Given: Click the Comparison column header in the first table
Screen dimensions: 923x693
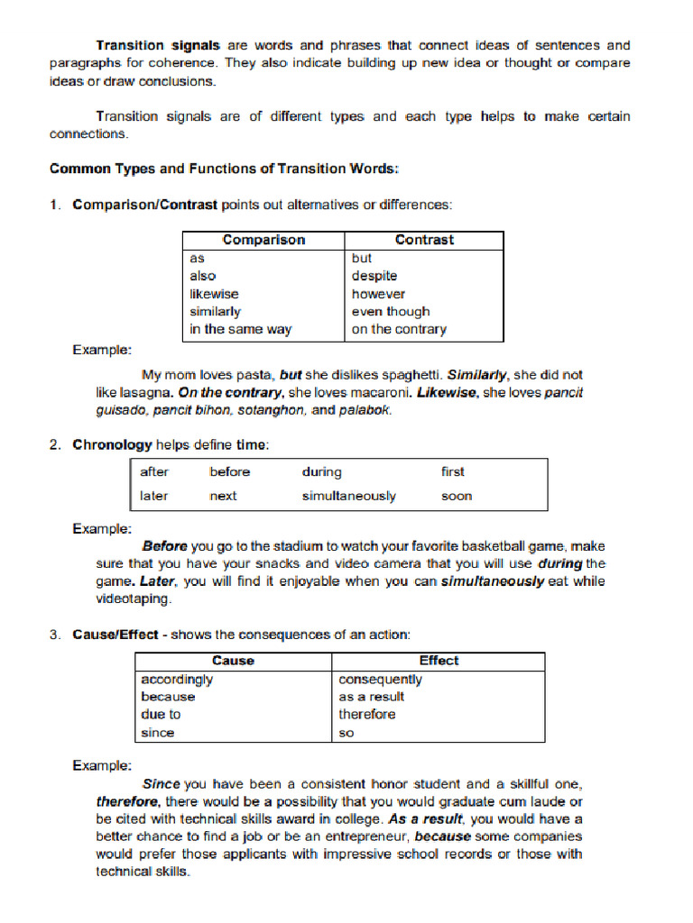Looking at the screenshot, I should coord(263,240).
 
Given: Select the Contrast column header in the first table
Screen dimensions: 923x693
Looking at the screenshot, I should coord(424,240).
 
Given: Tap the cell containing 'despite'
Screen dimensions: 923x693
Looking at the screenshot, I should coord(374,276).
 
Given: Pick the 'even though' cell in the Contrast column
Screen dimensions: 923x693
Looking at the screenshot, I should coord(391,312).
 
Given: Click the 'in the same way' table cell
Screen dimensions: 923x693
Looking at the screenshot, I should coord(240,330).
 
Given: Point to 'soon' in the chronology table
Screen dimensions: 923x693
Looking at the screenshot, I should coord(456,496).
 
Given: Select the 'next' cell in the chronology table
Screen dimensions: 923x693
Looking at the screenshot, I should coord(223,496).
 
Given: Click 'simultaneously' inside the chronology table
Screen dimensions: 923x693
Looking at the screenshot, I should coord(348,496).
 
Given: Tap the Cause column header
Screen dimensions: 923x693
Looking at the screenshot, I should coord(233,661).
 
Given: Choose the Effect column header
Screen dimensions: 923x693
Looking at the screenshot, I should coord(439,661).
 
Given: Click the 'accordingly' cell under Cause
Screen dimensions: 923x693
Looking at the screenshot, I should coord(177,679).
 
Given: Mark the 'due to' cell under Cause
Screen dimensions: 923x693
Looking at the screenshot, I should coord(161,715).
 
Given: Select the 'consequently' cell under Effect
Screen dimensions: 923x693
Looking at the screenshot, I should coord(380,679).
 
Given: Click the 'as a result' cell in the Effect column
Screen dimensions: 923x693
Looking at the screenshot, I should coord(371,697).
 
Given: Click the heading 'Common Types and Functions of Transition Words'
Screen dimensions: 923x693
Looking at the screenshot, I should coord(223,169).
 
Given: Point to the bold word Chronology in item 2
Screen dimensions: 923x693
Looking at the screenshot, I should coord(112,444).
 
